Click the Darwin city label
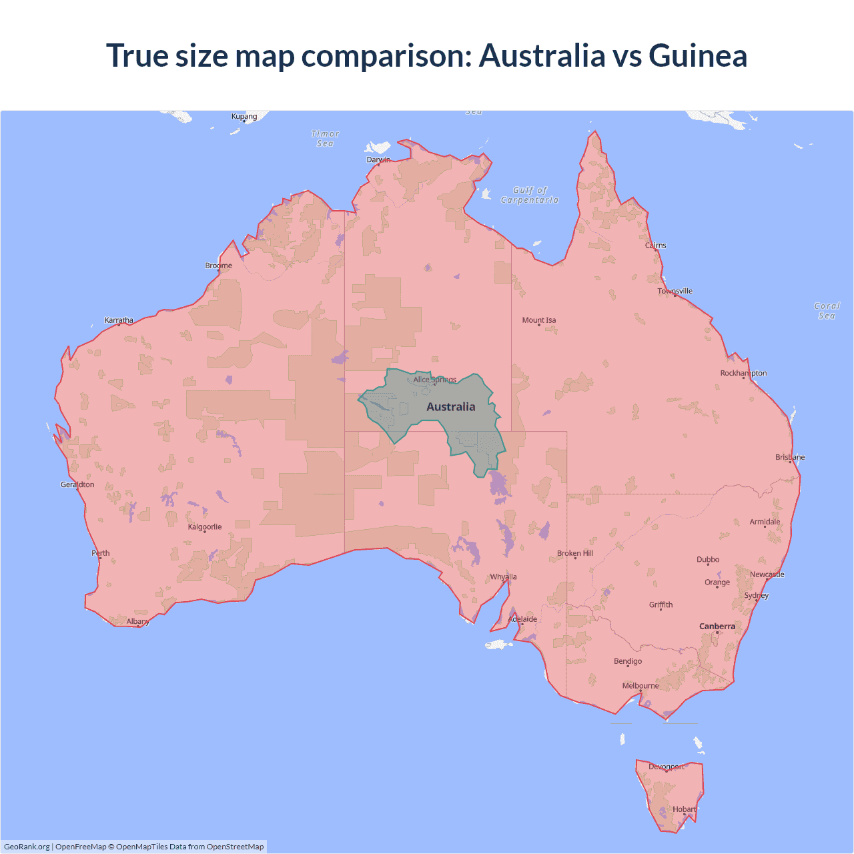click(x=378, y=160)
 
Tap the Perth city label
click(x=101, y=553)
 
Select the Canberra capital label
click(x=717, y=626)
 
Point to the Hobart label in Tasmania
click(x=685, y=809)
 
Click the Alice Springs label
click(x=435, y=380)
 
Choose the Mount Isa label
click(x=539, y=320)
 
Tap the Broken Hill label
click(x=575, y=553)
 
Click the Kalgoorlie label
click(x=205, y=527)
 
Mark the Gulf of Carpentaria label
click(x=530, y=195)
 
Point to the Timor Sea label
click(x=326, y=139)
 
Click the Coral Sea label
click(x=827, y=311)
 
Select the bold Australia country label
click(x=451, y=407)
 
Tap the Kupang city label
click(x=244, y=116)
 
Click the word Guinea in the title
click(x=698, y=55)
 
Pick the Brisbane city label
click(x=790, y=457)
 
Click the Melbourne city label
click(x=640, y=686)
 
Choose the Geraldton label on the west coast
click(x=77, y=484)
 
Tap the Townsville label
click(x=675, y=291)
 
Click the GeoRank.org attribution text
click(x=27, y=847)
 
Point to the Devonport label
click(x=667, y=767)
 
